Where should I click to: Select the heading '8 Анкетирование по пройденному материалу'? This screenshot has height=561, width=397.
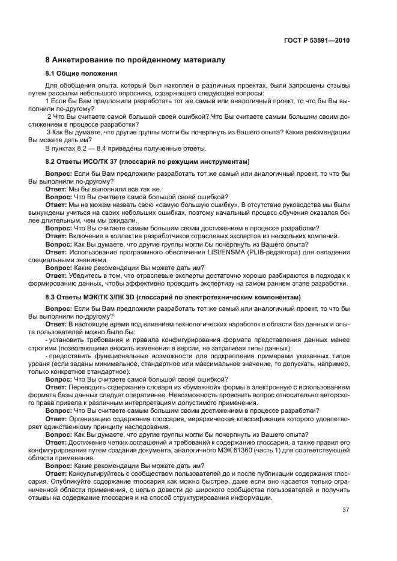tap(135, 60)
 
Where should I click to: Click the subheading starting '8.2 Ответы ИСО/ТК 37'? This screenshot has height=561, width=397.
tap(147, 162)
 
